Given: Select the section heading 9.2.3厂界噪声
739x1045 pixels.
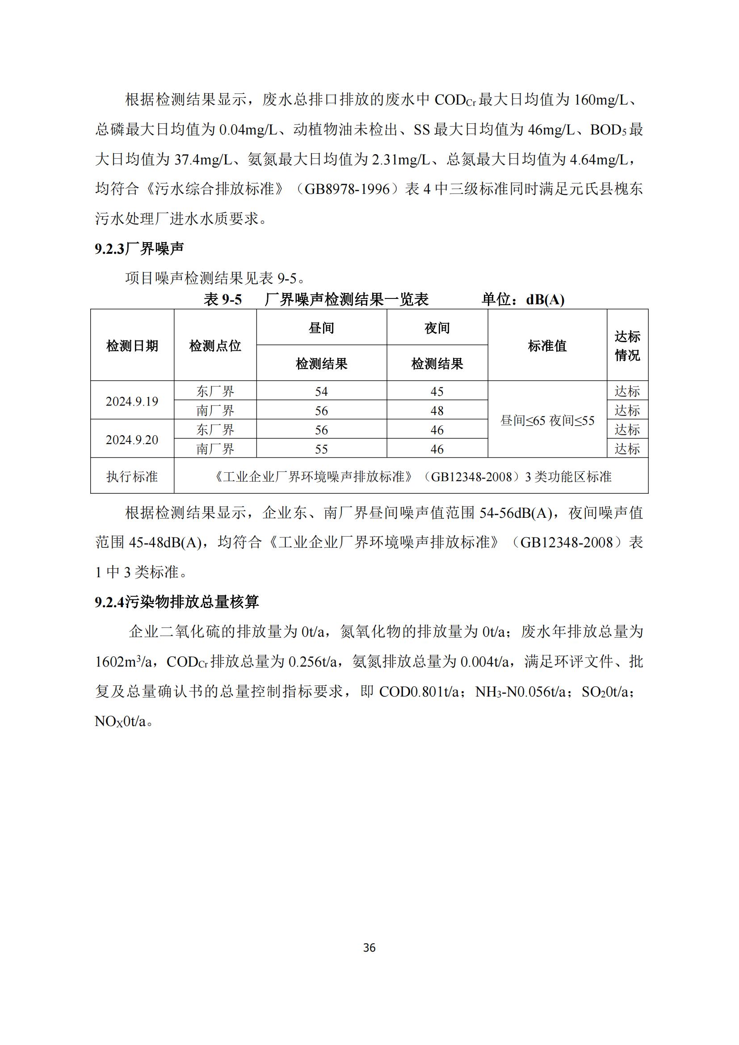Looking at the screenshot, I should [139, 248].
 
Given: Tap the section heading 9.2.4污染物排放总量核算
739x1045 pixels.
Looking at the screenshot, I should [177, 602].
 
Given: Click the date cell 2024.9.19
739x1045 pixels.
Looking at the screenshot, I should [132, 401].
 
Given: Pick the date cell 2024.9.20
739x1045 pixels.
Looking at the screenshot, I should [132, 440].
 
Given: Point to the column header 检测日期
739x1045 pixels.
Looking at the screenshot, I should [132, 346].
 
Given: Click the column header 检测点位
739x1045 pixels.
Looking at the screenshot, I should [215, 346].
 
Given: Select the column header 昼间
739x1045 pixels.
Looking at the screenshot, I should [321, 327].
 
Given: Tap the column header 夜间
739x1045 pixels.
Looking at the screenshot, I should [437, 327].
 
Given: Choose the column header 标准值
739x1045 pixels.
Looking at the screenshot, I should [547, 346].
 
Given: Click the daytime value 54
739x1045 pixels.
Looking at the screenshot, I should [321, 391].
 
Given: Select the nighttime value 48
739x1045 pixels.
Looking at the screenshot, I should [437, 411].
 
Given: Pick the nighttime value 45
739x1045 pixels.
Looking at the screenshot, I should [437, 391].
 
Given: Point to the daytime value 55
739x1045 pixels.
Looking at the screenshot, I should [321, 449].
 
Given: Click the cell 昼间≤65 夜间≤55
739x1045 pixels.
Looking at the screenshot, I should [547, 420].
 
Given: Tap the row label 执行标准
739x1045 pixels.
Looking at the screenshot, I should [132, 477].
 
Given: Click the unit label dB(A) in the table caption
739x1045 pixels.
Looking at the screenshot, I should [545, 300].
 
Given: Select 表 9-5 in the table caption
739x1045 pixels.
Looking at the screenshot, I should [223, 300].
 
